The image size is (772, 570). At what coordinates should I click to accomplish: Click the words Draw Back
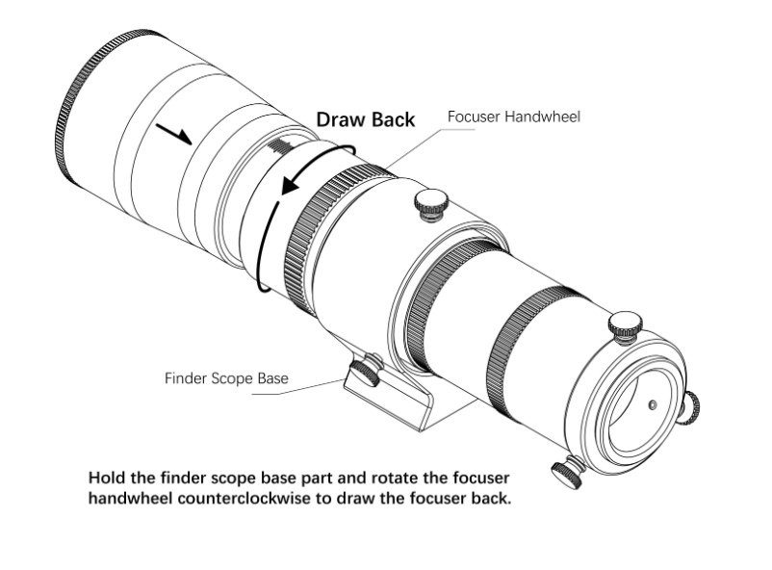[366, 119]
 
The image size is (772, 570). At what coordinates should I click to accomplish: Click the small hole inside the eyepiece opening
[652, 406]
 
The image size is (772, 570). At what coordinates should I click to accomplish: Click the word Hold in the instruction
[105, 478]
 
